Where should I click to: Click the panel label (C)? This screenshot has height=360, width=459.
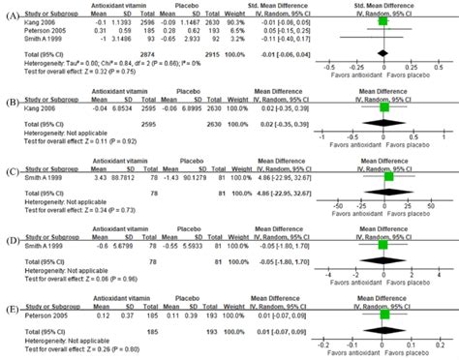tap(11, 177)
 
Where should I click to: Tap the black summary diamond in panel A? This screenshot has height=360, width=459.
tap(383, 53)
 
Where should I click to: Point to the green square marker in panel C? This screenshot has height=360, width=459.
tap(389, 176)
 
